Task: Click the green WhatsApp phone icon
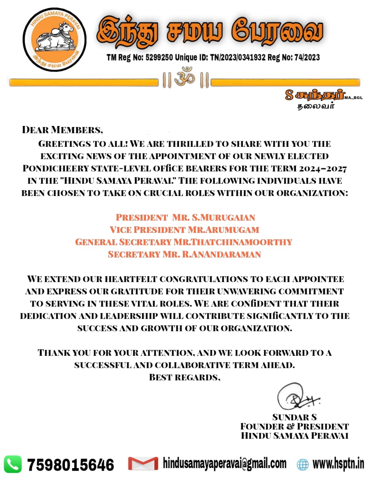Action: [13, 464]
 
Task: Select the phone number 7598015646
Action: [71, 465]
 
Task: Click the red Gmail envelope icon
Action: [143, 464]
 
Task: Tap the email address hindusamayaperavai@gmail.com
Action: [225, 464]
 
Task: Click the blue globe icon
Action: [303, 464]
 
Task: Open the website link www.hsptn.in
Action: [338, 464]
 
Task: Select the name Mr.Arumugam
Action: [223, 230]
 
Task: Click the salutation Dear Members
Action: [62, 130]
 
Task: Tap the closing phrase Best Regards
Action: [184, 377]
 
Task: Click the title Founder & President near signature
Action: [294, 426]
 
